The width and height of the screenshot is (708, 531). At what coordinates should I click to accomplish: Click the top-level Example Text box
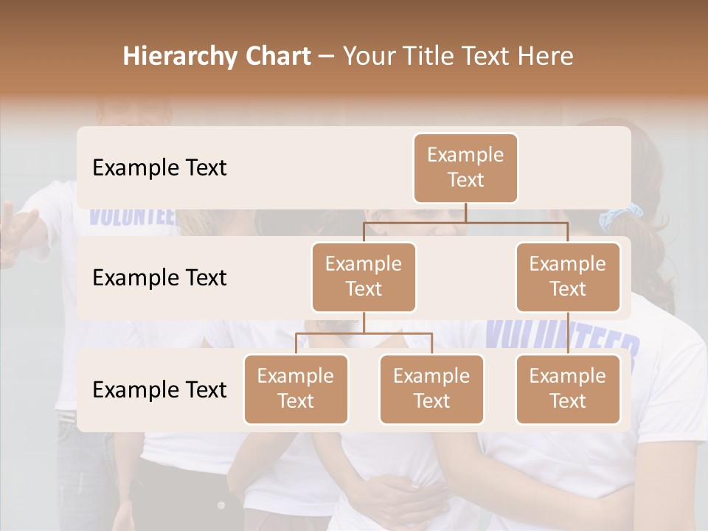click(465, 167)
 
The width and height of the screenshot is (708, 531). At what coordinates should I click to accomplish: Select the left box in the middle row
click(364, 277)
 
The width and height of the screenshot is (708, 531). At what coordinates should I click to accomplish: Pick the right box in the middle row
click(568, 277)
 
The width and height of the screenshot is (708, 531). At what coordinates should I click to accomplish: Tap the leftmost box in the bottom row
click(296, 389)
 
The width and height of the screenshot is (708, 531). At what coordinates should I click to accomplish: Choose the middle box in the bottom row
click(431, 389)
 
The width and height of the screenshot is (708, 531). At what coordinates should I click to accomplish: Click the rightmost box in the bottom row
click(568, 389)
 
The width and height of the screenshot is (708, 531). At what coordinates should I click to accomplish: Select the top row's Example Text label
click(159, 167)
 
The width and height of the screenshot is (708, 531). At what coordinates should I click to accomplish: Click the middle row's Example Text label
click(159, 277)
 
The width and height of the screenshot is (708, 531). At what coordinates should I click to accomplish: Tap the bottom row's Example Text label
click(159, 389)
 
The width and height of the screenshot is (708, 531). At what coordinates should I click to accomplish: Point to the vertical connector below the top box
click(465, 212)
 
